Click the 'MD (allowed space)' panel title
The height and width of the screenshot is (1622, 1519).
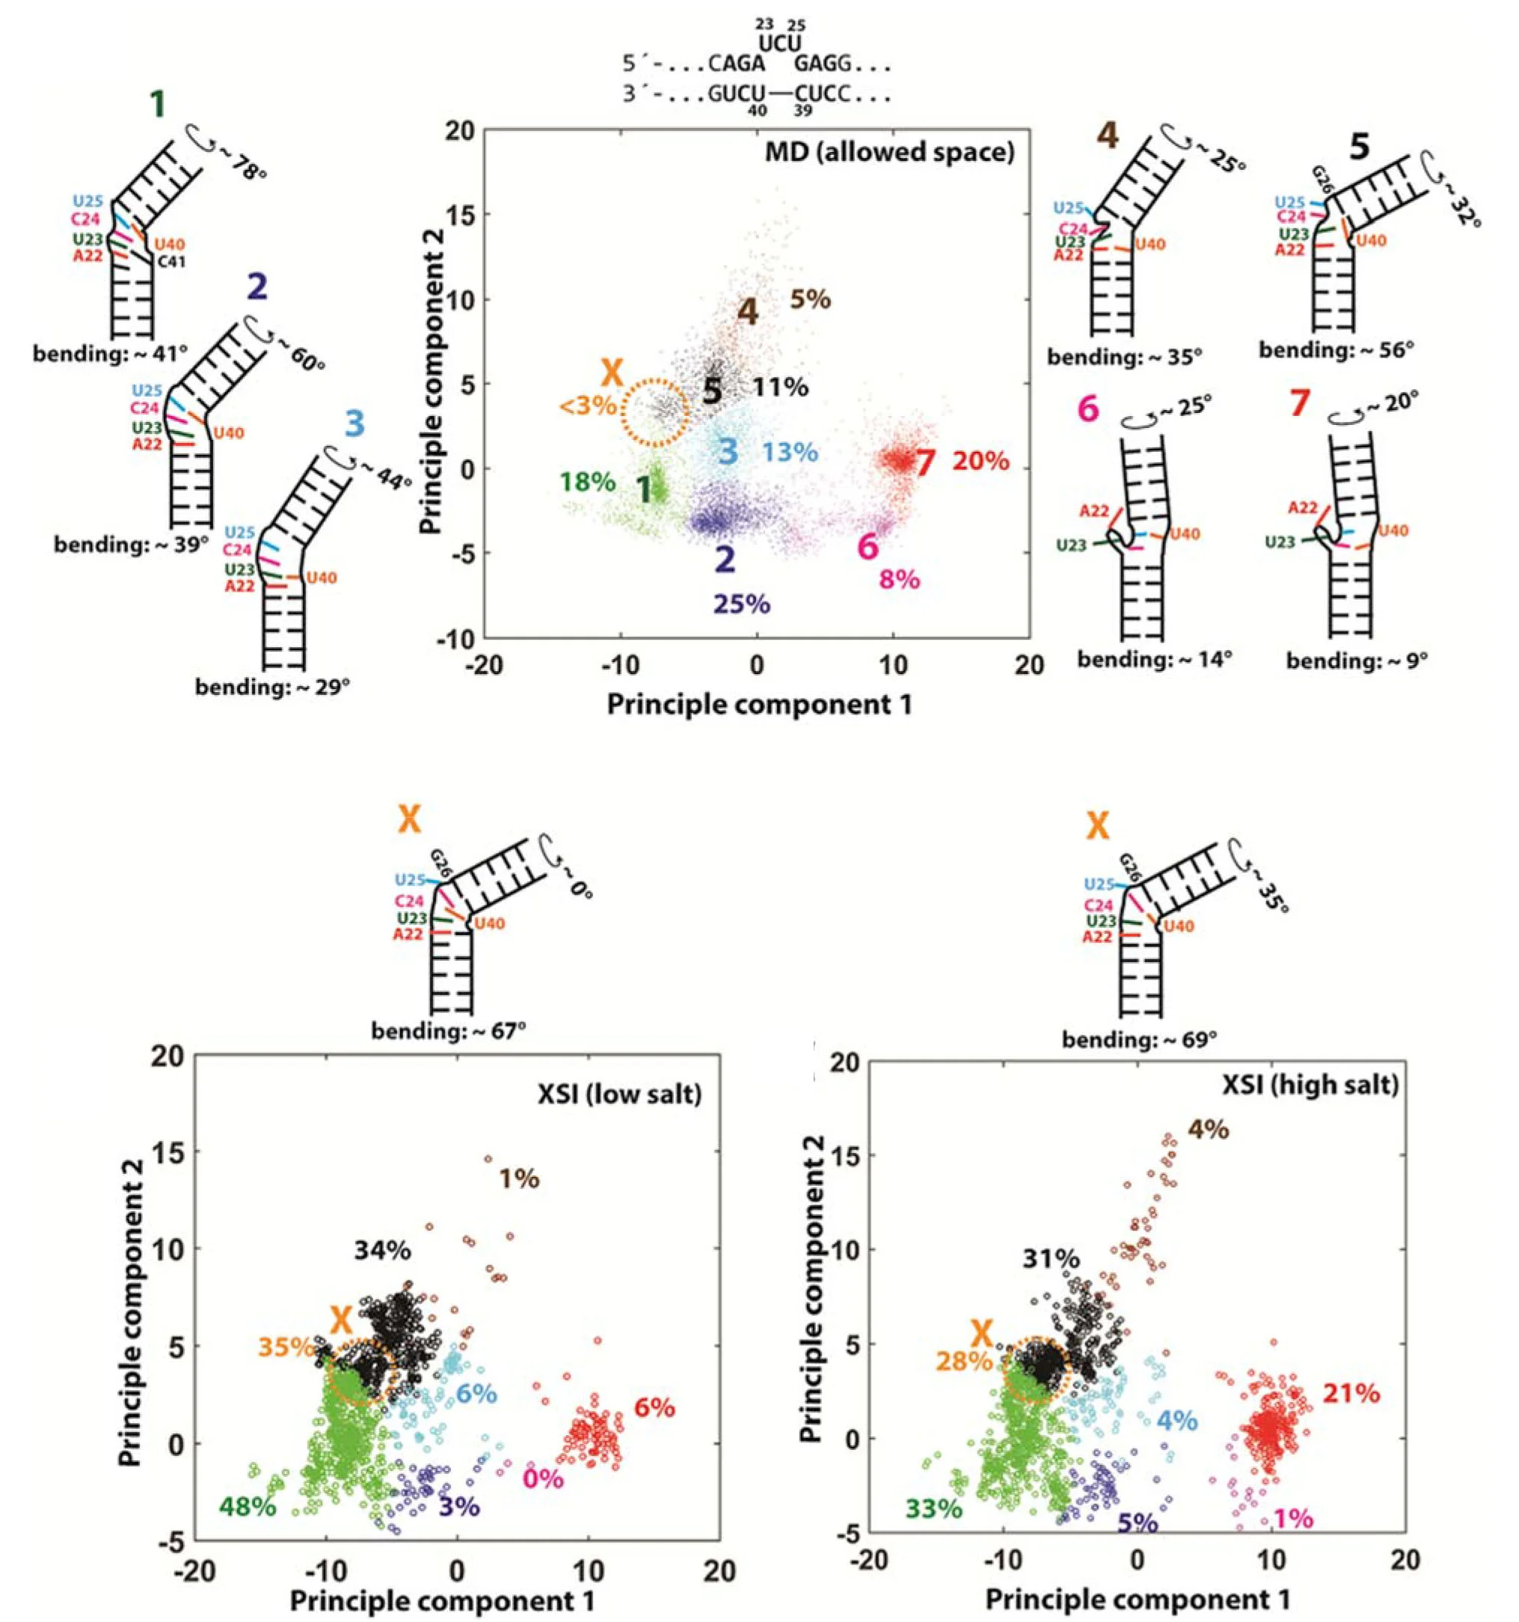click(889, 153)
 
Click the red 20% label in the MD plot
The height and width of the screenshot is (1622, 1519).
click(980, 461)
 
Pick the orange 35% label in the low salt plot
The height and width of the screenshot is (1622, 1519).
click(286, 1347)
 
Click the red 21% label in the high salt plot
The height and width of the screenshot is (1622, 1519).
click(1351, 1393)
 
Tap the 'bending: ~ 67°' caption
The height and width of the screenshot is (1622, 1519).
click(449, 1031)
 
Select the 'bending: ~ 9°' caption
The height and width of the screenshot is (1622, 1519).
click(1357, 660)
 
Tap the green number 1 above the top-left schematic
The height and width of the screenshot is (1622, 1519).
click(158, 105)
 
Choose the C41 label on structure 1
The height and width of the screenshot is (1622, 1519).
click(171, 262)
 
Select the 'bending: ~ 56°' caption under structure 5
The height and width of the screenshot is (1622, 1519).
click(1337, 350)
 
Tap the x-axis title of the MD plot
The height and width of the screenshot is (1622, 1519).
click(758, 704)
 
